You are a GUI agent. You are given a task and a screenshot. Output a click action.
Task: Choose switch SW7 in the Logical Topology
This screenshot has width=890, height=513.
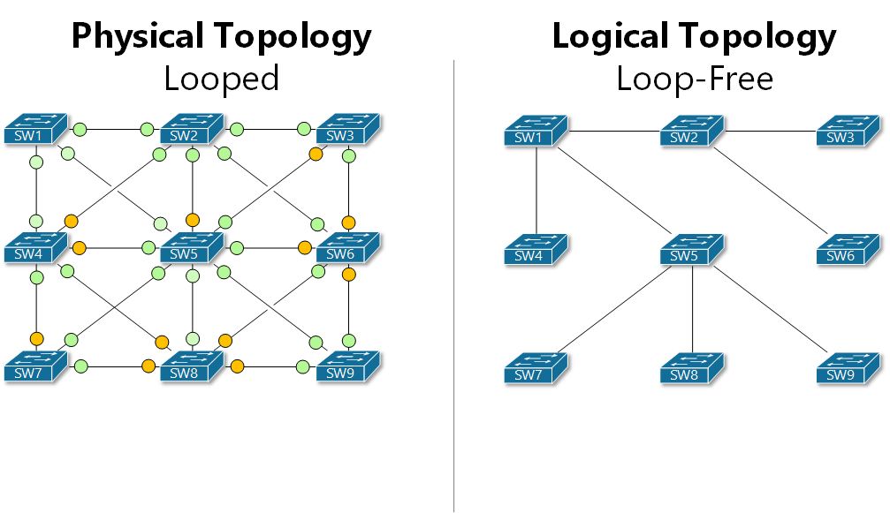[x=536, y=368]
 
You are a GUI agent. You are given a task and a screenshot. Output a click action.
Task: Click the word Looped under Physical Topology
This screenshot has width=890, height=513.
[x=221, y=79]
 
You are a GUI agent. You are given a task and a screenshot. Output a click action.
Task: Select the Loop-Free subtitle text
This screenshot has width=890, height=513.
[x=695, y=79]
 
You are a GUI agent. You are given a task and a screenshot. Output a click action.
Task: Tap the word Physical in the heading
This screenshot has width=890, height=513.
[x=140, y=37]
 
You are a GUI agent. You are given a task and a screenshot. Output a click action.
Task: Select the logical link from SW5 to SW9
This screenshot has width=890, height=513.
[x=769, y=310]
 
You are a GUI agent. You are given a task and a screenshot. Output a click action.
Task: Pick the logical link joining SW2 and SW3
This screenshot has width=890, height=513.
[x=769, y=131]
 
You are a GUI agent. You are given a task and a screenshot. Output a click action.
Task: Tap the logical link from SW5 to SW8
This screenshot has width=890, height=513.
[x=692, y=309]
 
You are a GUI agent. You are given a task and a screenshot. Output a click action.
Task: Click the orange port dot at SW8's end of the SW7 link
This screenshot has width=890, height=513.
[x=148, y=366]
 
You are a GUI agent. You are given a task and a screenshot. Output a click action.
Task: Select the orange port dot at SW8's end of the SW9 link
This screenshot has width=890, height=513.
[x=237, y=366]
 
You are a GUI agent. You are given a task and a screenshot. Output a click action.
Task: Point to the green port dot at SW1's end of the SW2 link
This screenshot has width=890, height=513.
[x=80, y=130]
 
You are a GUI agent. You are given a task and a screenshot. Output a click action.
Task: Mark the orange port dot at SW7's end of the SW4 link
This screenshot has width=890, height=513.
[x=36, y=339]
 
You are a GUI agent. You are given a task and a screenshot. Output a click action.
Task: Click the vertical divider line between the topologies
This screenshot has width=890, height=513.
[x=454, y=283]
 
